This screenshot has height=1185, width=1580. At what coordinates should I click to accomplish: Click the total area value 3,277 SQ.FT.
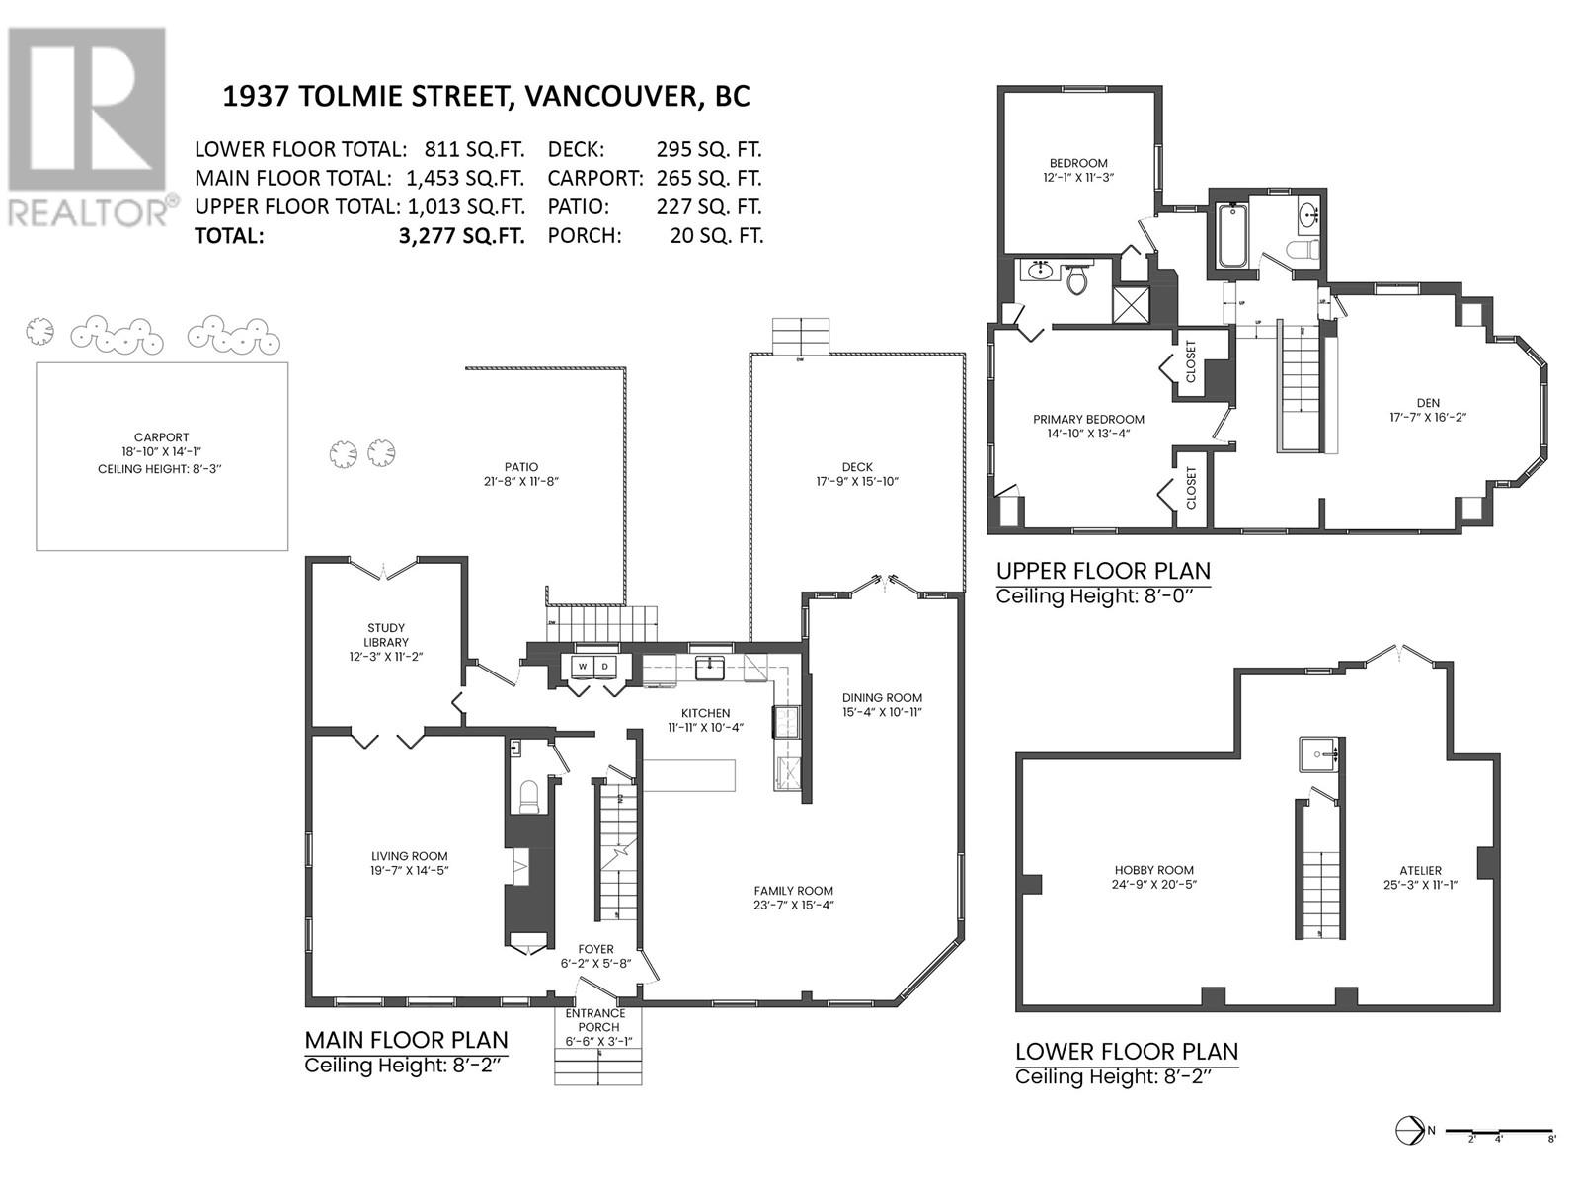(458, 236)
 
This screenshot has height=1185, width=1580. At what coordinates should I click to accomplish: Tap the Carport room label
(161, 437)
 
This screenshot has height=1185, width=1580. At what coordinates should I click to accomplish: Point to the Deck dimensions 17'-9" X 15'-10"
(857, 482)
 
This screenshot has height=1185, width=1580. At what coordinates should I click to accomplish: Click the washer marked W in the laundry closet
(583, 667)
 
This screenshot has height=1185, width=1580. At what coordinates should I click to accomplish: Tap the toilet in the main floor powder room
(529, 795)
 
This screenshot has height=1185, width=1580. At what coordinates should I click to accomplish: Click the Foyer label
(596, 949)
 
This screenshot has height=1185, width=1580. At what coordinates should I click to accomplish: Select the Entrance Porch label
(595, 1019)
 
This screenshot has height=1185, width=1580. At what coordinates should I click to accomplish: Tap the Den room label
(1428, 402)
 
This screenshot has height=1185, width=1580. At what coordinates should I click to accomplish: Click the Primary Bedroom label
(1088, 419)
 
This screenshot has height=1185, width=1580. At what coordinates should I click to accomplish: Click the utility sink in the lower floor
(1319, 755)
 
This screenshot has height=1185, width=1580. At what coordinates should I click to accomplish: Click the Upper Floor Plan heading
(1102, 571)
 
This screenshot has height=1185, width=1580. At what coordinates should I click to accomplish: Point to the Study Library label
(385, 635)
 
